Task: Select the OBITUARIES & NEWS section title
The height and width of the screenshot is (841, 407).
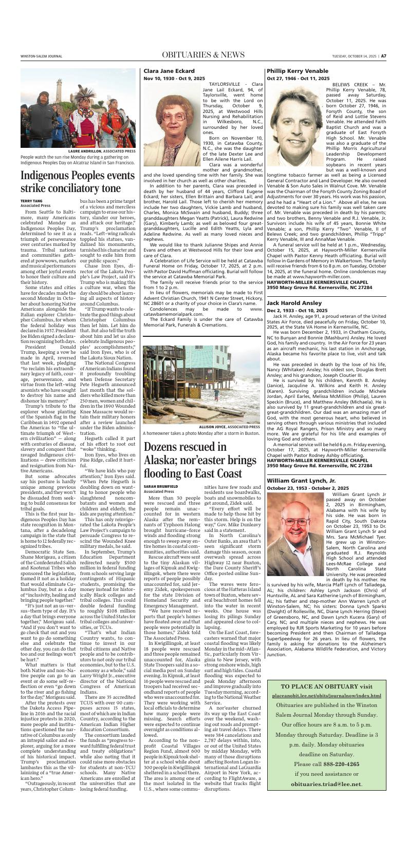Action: click(x=203, y=55)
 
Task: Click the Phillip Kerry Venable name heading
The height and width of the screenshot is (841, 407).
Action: click(x=298, y=71)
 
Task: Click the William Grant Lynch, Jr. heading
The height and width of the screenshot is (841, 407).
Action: click(x=300, y=480)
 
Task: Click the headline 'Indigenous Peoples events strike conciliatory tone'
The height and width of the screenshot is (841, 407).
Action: click(x=77, y=182)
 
